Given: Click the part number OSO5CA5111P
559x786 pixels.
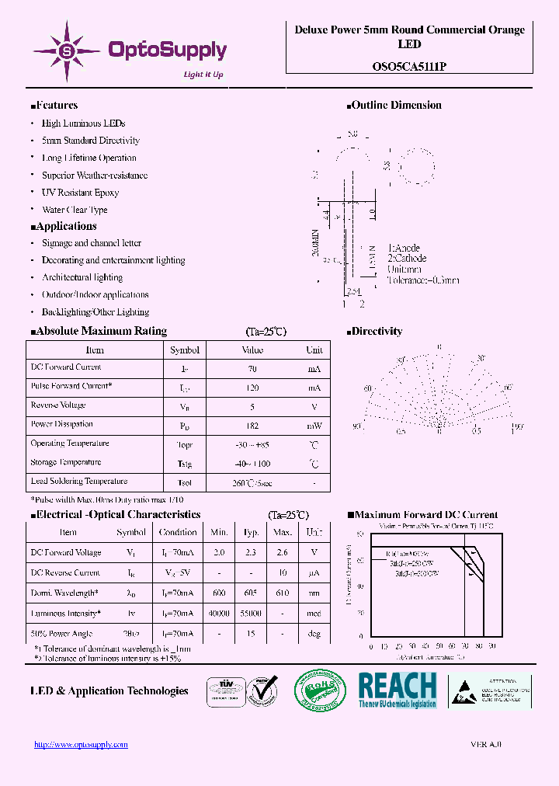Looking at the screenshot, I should [x=409, y=67].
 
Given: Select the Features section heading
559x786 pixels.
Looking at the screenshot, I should [x=54, y=106].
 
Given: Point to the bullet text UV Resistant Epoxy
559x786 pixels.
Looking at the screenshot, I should [x=80, y=193].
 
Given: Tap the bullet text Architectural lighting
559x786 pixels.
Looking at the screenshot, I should [x=82, y=277].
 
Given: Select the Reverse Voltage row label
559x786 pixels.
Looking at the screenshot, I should [x=58, y=405].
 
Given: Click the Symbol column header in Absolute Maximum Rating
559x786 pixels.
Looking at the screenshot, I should [x=185, y=350].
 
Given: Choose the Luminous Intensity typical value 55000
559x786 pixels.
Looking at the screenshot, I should [x=251, y=614].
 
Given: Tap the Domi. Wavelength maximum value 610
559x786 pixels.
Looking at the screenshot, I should [x=283, y=593].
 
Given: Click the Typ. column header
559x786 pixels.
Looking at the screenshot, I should [x=251, y=533].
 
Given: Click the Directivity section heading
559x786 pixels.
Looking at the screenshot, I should [x=376, y=332].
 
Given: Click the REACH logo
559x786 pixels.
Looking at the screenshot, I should [x=397, y=690].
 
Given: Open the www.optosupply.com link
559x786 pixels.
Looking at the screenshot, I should [x=81, y=744].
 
